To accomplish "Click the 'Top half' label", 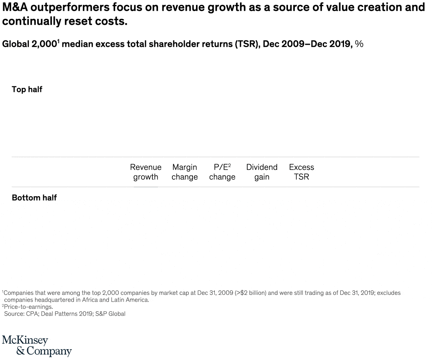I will pos(27,89).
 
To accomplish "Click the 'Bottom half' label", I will pos(34,198).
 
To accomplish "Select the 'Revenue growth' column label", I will pos(146,172).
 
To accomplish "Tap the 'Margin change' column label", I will pos(184,172).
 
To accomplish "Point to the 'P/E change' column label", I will pos(222,172).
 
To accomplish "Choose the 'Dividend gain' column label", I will pos(262,172).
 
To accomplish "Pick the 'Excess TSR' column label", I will pos(301,172).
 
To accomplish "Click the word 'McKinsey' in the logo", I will pos(25,340).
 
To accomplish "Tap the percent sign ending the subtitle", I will pos(359,44).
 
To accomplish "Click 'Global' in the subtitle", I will pos(15,44).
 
